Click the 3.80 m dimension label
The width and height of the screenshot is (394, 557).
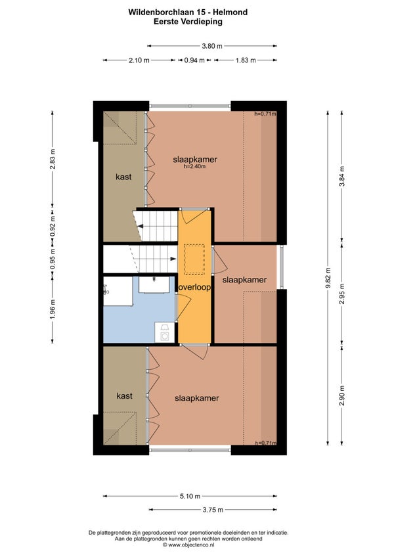[x=212, y=46]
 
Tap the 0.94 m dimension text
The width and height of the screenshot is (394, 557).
[x=194, y=60]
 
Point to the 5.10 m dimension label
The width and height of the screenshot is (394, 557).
[x=190, y=497]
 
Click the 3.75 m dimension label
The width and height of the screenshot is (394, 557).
[x=213, y=510]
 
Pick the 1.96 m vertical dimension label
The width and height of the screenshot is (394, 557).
[x=53, y=310]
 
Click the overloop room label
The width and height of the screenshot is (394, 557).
[x=194, y=288]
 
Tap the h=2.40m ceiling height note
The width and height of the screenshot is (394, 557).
[x=194, y=166]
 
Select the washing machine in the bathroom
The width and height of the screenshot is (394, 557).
[x=165, y=332]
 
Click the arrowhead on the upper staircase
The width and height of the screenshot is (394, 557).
[x=141, y=226]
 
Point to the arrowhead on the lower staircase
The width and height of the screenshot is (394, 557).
[x=174, y=259]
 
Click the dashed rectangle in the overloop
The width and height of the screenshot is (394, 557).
[x=194, y=259]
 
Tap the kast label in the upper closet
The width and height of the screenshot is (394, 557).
[x=123, y=177]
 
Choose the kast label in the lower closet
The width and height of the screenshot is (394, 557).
[x=124, y=396]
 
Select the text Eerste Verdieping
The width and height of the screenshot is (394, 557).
[x=188, y=21]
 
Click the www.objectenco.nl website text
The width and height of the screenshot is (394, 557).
[x=191, y=545]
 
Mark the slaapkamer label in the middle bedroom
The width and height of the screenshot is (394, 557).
[x=244, y=280]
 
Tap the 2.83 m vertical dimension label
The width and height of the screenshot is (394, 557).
[x=53, y=158]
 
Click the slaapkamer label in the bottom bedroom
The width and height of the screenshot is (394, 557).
[x=197, y=399]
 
